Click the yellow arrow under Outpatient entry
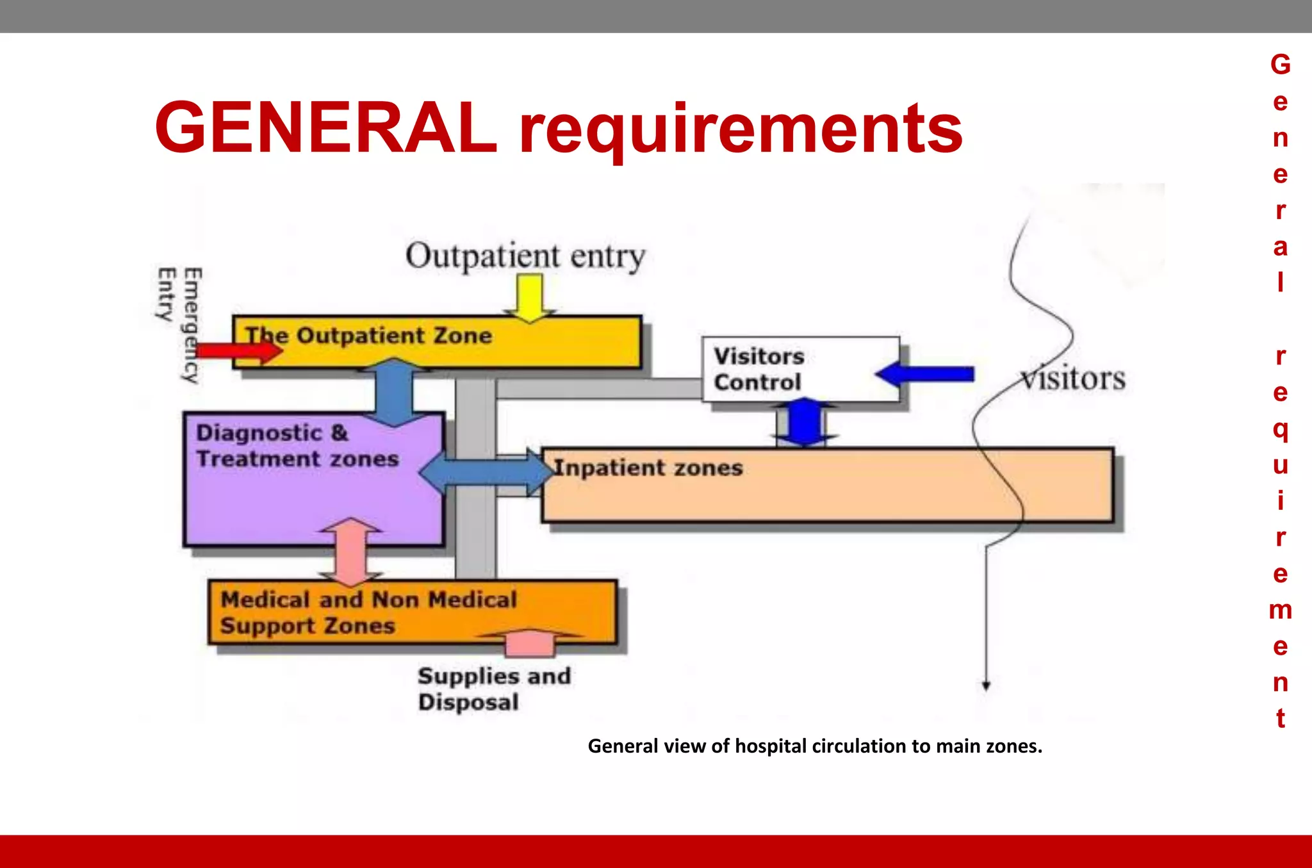[x=530, y=297]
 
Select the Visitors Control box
[x=800, y=370]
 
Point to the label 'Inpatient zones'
[x=648, y=468]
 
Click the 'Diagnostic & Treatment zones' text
[x=297, y=446]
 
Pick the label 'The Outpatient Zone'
[x=369, y=335]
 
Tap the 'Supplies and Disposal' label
[x=494, y=689]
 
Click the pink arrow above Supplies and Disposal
[x=530, y=643]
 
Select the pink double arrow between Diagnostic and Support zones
[x=351, y=552]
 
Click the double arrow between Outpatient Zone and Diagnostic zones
[x=393, y=392]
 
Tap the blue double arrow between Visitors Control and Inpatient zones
[x=805, y=422]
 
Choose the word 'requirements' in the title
[x=741, y=131]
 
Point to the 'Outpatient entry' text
[x=525, y=256]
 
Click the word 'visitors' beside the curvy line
[x=1073, y=379]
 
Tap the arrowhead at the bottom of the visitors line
[x=987, y=685]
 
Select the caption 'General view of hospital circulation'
[x=815, y=746]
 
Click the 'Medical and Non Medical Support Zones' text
[x=368, y=612]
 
